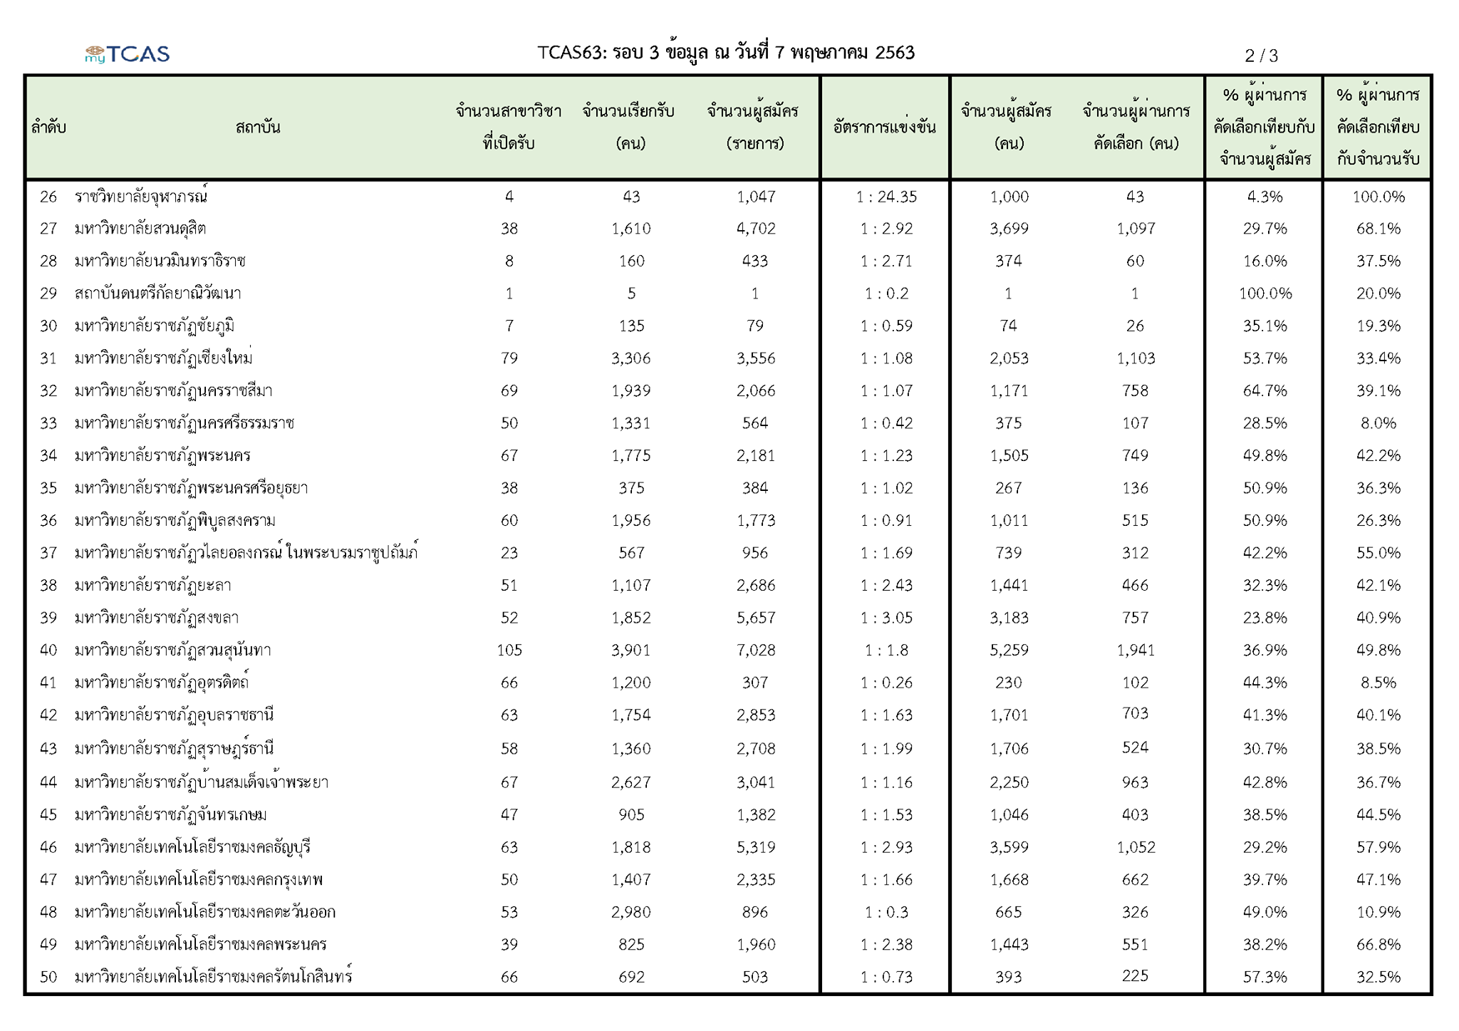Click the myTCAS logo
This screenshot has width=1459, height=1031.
(127, 53)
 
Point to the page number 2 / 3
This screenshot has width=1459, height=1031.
(1261, 55)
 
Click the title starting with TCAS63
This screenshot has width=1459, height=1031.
(726, 52)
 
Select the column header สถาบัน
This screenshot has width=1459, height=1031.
(258, 128)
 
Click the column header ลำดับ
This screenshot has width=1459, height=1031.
(48, 128)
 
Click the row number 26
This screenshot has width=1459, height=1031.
(48, 197)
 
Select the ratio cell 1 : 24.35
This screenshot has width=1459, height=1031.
(886, 197)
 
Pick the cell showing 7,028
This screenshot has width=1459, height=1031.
(756, 650)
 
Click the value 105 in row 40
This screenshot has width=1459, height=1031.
(509, 650)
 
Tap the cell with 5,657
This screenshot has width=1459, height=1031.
(756, 618)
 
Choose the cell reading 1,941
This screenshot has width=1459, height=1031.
(1136, 650)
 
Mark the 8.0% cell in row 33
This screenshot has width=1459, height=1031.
(1378, 423)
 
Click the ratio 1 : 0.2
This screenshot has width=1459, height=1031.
(886, 294)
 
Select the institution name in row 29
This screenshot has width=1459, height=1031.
(158, 293)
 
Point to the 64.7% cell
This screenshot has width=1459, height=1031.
(1265, 390)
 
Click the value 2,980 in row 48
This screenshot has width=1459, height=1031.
(631, 912)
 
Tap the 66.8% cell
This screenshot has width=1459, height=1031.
(1378, 944)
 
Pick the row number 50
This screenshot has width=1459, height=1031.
(48, 977)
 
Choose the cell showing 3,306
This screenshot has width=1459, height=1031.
(631, 358)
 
